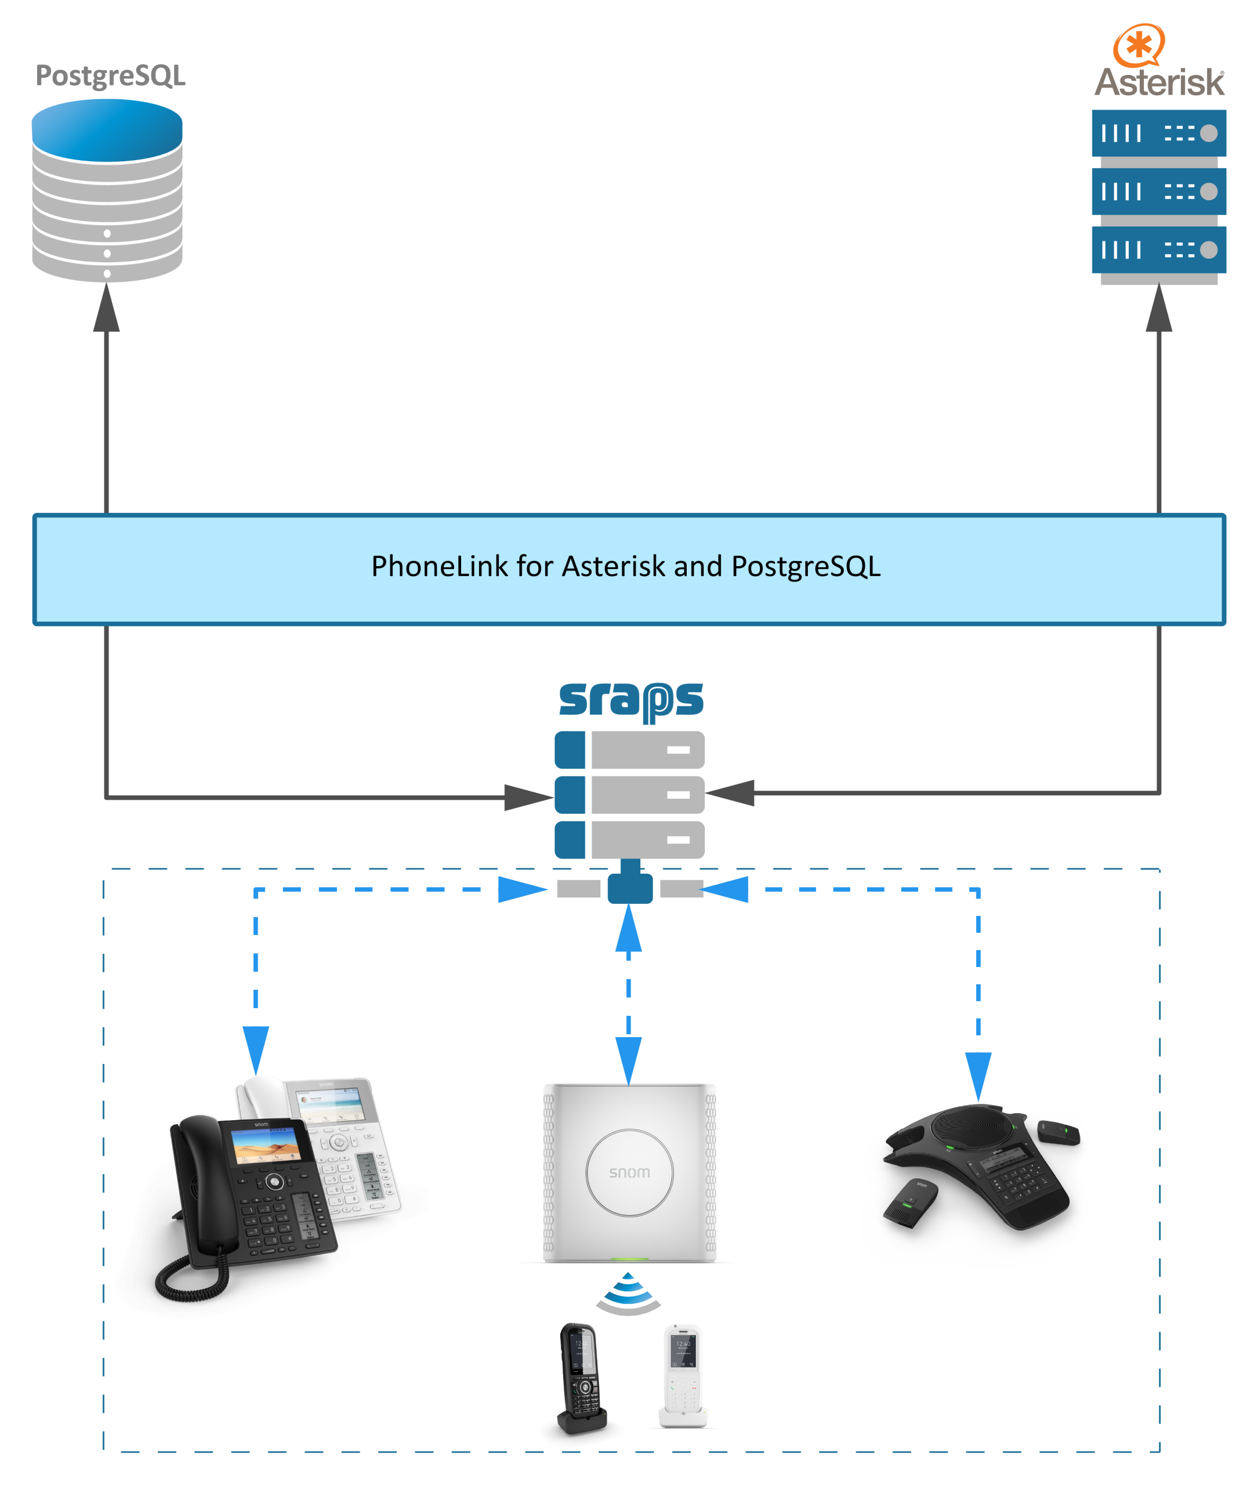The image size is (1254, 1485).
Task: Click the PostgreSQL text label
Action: (x=110, y=75)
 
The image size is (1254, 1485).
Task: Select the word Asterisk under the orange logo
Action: (x=1159, y=82)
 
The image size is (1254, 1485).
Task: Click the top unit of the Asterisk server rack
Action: (x=1158, y=133)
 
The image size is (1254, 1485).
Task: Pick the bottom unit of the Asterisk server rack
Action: (x=1158, y=249)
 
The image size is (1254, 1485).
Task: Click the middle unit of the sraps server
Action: (x=629, y=794)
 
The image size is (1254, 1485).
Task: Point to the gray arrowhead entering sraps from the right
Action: (x=732, y=792)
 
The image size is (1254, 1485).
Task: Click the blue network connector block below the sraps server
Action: (x=630, y=888)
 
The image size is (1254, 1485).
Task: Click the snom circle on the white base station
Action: (x=629, y=1172)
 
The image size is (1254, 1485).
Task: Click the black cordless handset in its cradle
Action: (x=582, y=1378)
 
